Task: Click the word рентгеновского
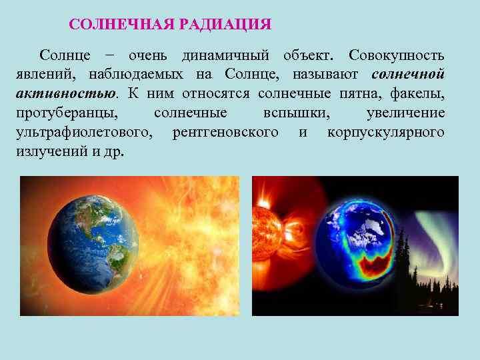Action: click(x=225, y=133)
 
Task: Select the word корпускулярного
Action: click(x=386, y=133)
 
